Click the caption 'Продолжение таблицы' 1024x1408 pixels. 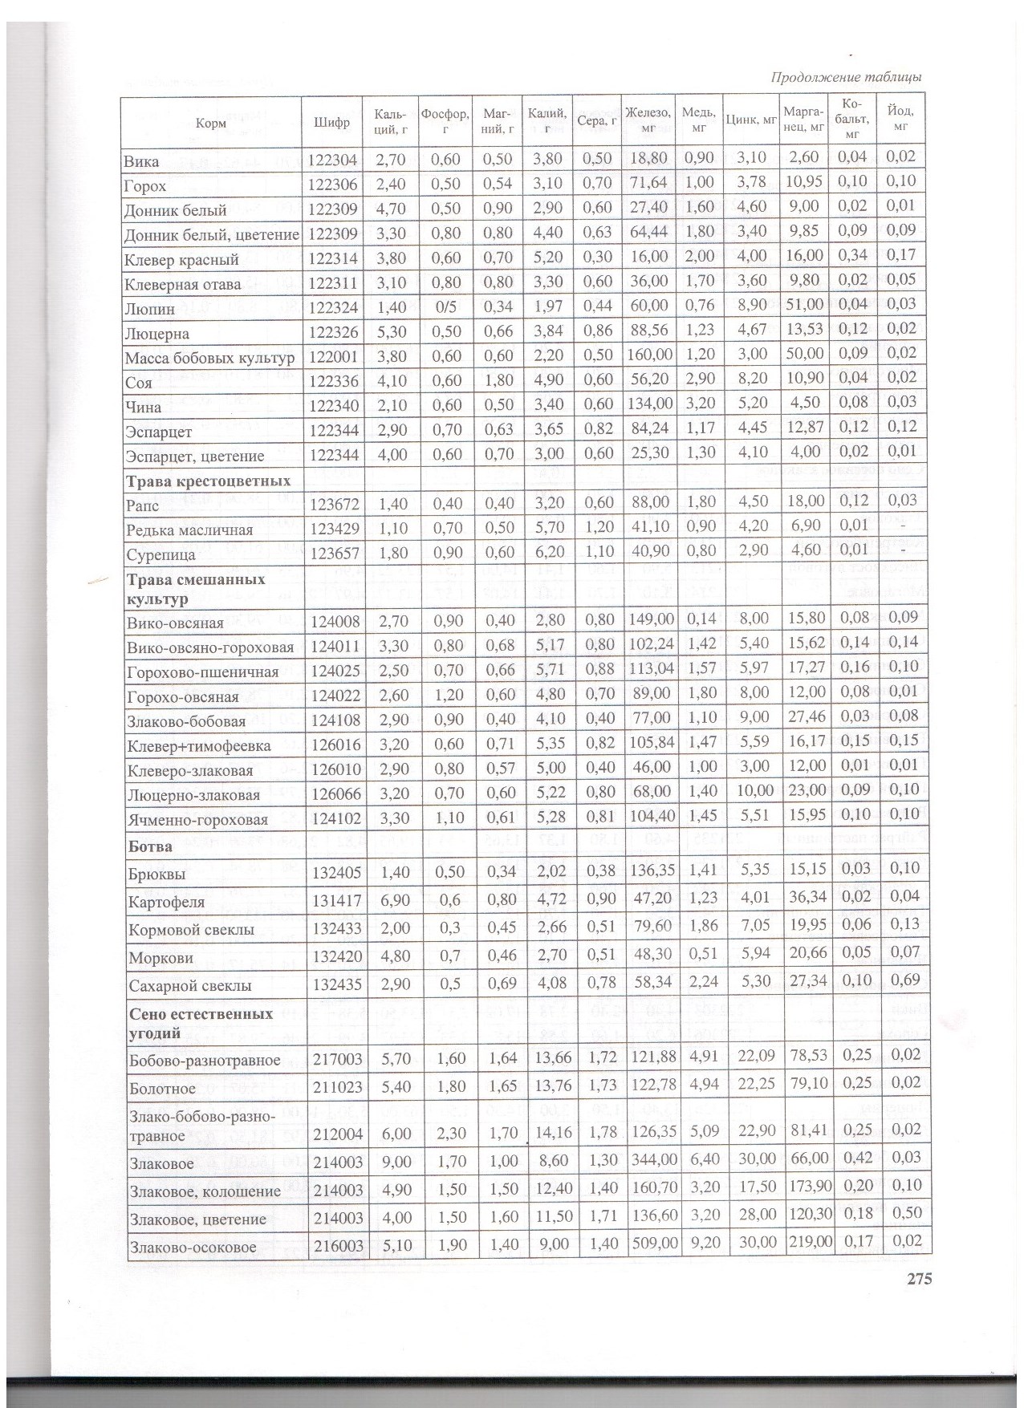point(845,77)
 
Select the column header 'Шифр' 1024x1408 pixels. point(332,123)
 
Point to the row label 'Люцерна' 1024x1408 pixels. point(156,334)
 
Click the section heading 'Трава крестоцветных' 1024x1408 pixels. point(206,481)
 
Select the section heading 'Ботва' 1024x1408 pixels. point(150,846)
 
